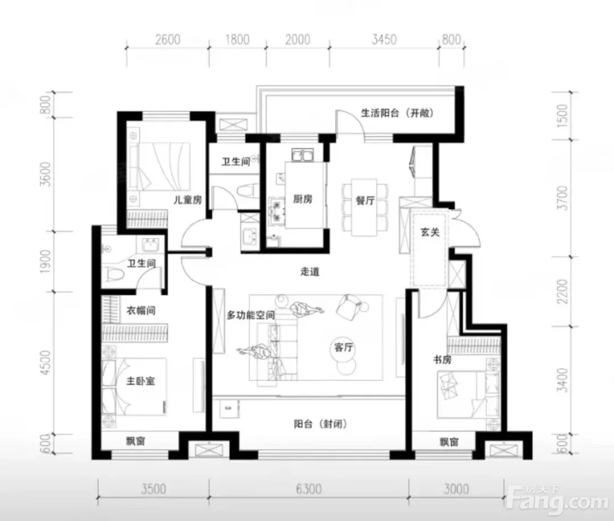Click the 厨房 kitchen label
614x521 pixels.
click(302, 199)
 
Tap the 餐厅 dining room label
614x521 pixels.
click(365, 201)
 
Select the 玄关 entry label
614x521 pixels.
click(430, 232)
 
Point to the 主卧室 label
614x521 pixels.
click(140, 381)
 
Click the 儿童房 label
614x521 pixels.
click(188, 200)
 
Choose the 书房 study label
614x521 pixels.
click(442, 360)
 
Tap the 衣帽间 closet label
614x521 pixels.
click(141, 311)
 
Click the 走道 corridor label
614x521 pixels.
click(310, 272)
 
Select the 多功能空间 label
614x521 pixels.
click(251, 315)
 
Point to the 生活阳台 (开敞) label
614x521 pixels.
click(397, 113)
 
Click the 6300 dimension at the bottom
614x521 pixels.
click(309, 489)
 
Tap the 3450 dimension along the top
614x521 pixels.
click(384, 40)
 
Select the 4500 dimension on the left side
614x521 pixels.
click(45, 363)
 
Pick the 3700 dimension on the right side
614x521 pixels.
click(562, 198)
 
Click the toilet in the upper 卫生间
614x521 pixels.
click(247, 192)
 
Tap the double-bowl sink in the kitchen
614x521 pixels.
click(302, 155)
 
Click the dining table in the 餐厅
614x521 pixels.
click(364, 207)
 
